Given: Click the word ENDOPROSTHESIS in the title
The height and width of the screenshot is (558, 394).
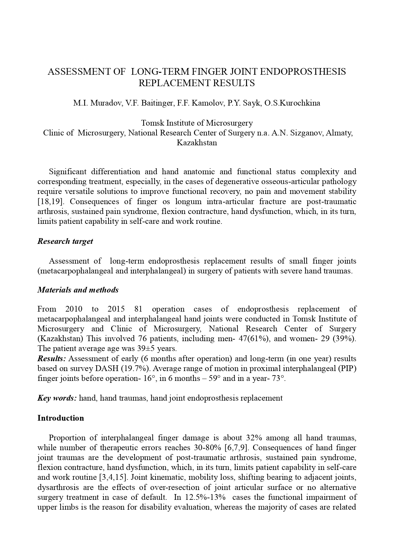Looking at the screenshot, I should tap(303, 72).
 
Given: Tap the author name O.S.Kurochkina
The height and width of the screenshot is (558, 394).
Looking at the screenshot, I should tap(292, 103).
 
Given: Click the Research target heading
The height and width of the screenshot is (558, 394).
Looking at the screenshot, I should tap(65, 241).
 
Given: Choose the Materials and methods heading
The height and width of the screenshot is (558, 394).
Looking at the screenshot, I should tap(78, 290).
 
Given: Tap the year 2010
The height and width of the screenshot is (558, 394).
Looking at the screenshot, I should tap(74, 309).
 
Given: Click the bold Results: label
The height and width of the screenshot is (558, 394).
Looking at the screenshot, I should tap(52, 359).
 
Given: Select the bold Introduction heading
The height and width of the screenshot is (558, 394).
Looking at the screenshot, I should tap(61, 418).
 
